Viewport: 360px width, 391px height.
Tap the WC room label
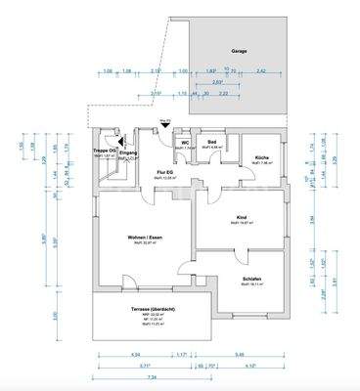[x=183, y=142]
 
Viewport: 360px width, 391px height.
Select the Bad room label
[x=212, y=142]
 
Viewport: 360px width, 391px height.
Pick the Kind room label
[x=242, y=218]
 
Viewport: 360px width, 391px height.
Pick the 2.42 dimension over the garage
[x=260, y=71]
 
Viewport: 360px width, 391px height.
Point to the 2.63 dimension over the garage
[x=217, y=82]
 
